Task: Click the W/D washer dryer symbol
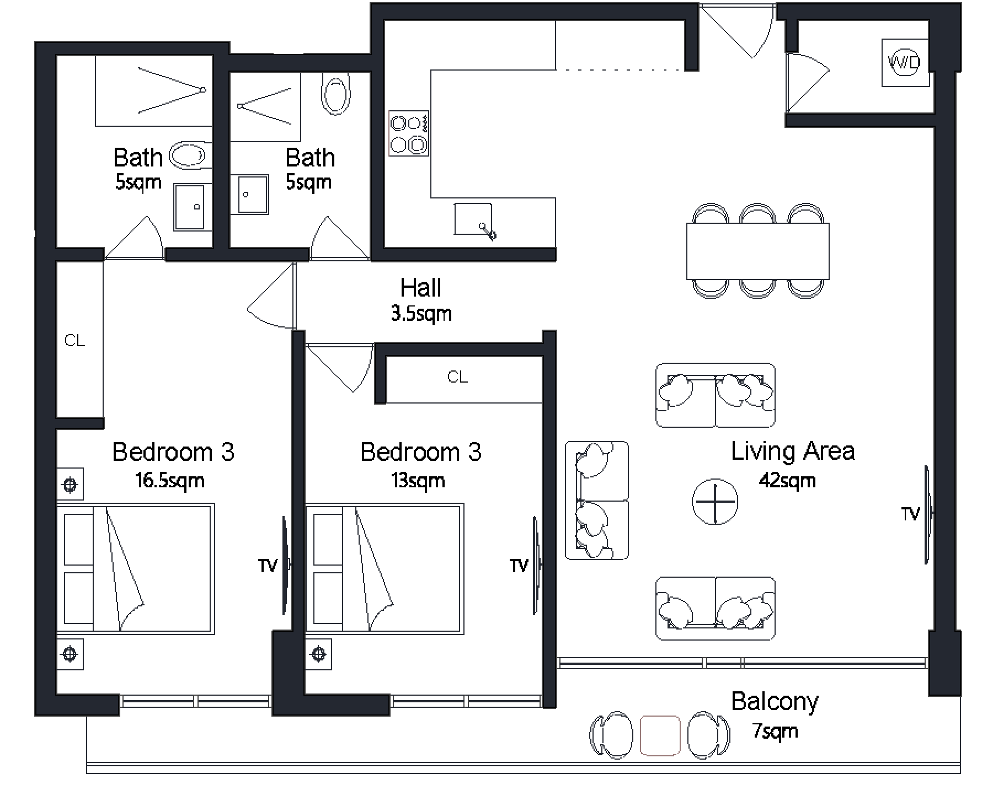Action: coord(905,62)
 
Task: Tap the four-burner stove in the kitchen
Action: coord(409,133)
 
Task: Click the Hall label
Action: coord(421,288)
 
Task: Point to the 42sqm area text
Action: coord(787,481)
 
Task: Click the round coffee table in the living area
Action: coord(715,502)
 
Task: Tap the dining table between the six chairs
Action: coord(758,251)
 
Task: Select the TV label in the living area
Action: coord(910,514)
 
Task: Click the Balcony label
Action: coord(775,702)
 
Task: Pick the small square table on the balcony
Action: coord(660,735)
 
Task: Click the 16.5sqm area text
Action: coord(170,481)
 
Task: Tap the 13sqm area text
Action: coord(418,481)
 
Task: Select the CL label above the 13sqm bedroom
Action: coord(457,377)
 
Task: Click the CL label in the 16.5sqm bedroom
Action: coord(74,341)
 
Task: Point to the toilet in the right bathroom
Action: coord(335,94)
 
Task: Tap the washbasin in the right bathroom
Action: coord(249,194)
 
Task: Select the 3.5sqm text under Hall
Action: coord(421,314)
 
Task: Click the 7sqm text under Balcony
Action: coord(776,732)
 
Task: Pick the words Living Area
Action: coord(793,451)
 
